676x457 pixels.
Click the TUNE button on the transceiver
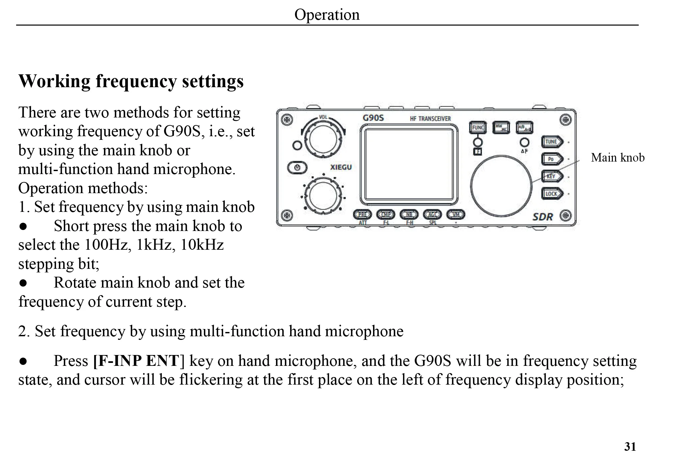pos(552,142)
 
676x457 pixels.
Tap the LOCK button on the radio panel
pos(552,193)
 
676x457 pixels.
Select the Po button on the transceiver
pos(552,159)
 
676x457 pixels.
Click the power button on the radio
pos(297,167)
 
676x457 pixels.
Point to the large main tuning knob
pos(501,186)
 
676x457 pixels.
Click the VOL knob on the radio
pos(323,140)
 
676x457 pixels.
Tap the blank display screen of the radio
pos(409,164)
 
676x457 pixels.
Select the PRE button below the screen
pos(362,215)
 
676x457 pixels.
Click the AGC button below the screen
pos(432,215)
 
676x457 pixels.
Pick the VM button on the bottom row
pos(456,215)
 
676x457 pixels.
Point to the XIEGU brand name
pos(341,167)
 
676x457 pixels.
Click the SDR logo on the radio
pos(542,217)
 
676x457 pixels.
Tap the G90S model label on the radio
pos(373,118)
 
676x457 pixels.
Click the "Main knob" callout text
pos(617,158)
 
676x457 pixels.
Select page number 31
pos(630,446)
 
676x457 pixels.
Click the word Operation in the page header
pos(327,15)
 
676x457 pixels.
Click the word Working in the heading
pos(54,81)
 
